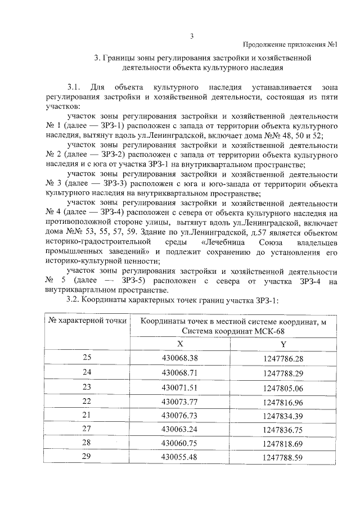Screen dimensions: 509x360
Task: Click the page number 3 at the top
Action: pyautogui.click(x=191, y=38)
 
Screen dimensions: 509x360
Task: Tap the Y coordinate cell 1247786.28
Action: pyautogui.click(x=283, y=358)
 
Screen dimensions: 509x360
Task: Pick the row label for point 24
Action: pyautogui.click(x=87, y=372)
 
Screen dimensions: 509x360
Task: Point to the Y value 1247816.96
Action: pyautogui.click(x=283, y=402)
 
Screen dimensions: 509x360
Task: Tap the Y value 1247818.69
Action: pyautogui.click(x=283, y=444)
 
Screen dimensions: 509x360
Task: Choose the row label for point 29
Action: pyautogui.click(x=87, y=458)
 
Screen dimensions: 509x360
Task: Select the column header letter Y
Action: pyautogui.click(x=283, y=344)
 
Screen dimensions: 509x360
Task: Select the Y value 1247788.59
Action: pyautogui.click(x=283, y=459)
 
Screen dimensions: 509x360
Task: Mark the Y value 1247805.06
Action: pyautogui.click(x=283, y=388)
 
